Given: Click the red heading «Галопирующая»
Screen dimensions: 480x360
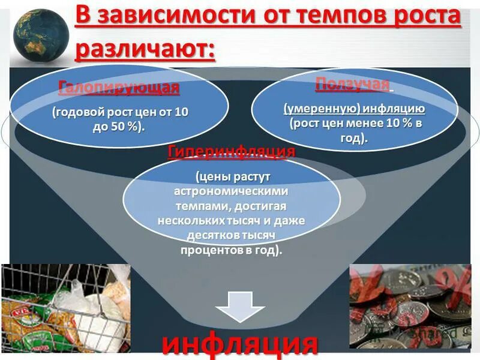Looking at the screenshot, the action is [119, 88].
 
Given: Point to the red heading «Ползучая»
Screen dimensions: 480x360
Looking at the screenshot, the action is [353, 84].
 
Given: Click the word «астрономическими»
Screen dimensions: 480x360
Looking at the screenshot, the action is [231, 191].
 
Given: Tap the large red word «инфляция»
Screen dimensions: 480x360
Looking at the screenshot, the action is [240, 344].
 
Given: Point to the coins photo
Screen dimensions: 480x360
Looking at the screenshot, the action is [410, 306].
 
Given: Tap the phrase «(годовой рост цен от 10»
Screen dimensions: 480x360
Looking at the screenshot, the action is [119, 112].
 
